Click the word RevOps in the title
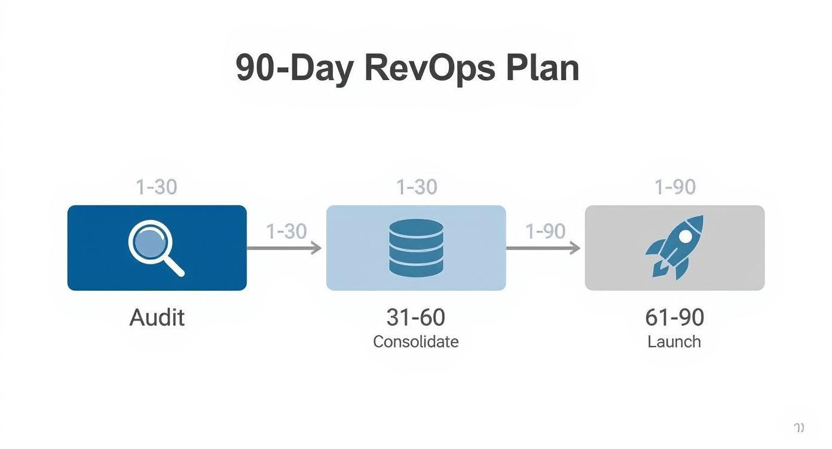coord(429,69)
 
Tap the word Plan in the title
coord(542,69)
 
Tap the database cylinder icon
coord(416,247)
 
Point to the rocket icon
coord(675,247)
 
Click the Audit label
coord(157,317)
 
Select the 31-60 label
coord(415,317)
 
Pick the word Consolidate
coord(415,342)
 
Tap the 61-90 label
coord(674,317)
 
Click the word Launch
coord(674,342)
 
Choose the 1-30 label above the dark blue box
coord(157,187)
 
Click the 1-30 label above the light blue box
coord(417,187)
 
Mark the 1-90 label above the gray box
coord(675,187)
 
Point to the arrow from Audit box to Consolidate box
coord(285,248)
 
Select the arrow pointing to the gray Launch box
coord(543,248)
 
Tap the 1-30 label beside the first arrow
coord(286,231)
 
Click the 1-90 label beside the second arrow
coord(545,231)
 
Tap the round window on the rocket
coord(686,236)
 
